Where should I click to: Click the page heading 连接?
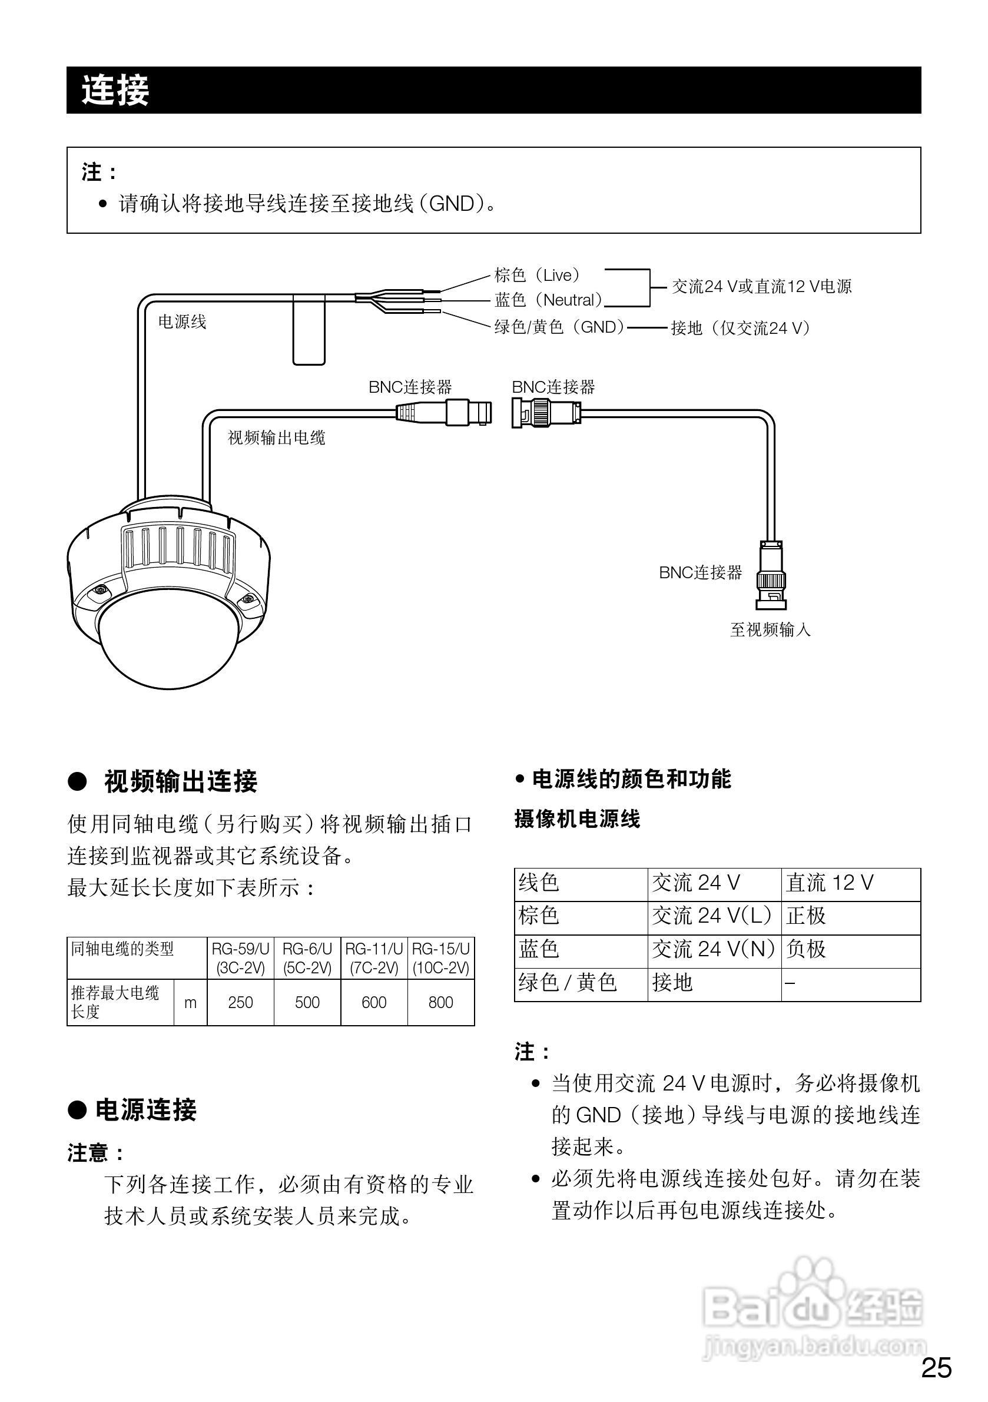pos(115,90)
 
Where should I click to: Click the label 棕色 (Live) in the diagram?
pos(537,276)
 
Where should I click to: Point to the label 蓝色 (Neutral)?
pos(548,300)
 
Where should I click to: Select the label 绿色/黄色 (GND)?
pos(559,327)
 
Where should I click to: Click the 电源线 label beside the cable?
pos(182,322)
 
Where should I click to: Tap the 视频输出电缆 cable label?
pos(277,437)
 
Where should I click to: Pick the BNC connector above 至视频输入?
pos(771,575)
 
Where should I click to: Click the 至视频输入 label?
pos(770,629)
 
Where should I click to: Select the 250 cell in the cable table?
pos(240,1002)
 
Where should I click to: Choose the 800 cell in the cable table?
pos(440,1002)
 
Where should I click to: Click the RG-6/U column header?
pos(307,957)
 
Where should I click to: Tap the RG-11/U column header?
pos(374,957)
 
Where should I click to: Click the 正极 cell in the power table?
pos(806,915)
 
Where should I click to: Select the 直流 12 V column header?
pos(829,882)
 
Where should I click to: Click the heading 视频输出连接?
pos(181,781)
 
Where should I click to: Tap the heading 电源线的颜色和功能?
pos(631,779)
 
